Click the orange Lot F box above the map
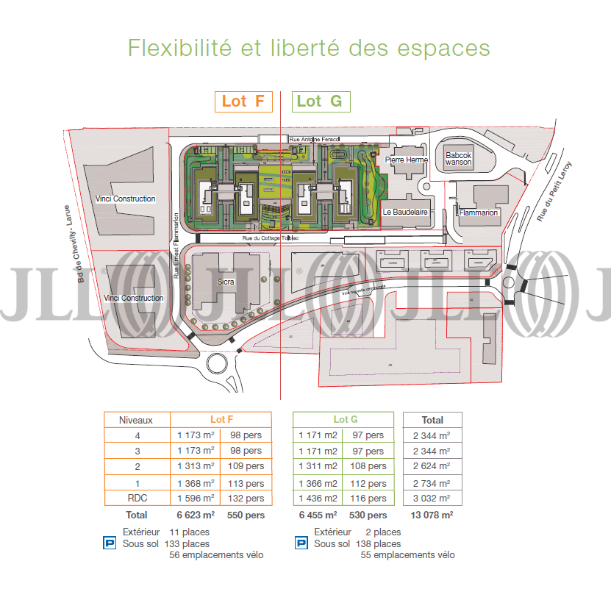pos(243,101)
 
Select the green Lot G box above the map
pos(320,101)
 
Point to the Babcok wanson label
pos(459,158)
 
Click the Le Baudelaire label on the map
pos(405,213)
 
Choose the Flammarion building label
pos(479,213)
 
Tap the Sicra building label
pos(226,281)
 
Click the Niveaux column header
pos(136,420)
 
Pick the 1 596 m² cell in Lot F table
pos(196,499)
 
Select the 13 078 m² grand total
pos(432,515)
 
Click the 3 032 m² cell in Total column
pos(432,499)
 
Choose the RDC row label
pos(136,499)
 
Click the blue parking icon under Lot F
pos(108,544)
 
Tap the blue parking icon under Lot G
pos(301,544)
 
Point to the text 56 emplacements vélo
pos(216,555)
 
